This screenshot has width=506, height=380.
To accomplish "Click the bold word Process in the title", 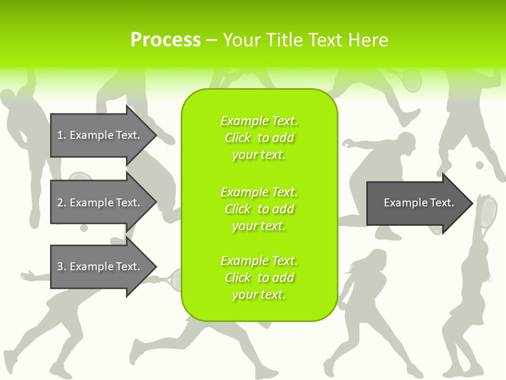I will point(166,40).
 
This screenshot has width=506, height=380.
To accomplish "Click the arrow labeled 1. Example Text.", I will point(99,135).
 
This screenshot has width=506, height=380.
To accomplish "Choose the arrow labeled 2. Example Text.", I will point(99,203).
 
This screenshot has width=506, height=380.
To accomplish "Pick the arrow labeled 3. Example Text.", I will point(99,267).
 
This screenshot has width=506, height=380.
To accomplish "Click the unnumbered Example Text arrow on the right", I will point(419,203).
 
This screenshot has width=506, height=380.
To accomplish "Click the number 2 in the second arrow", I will point(60,203).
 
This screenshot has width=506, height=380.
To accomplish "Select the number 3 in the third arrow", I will point(60,267).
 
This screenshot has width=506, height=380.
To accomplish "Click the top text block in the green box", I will point(259,138).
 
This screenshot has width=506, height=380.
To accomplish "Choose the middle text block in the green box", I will point(259,209).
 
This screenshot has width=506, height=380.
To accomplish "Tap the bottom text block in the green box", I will point(259,278).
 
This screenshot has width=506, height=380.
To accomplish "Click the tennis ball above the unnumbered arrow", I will point(479,165).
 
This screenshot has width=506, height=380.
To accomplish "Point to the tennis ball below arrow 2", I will point(84,228).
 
